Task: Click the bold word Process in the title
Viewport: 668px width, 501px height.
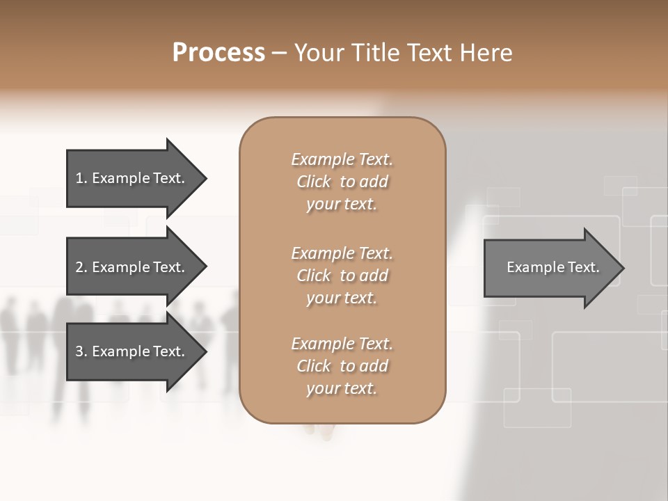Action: click(x=218, y=53)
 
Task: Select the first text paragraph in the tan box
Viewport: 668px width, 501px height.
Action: click(x=342, y=182)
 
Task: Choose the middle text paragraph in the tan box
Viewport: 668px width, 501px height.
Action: click(x=342, y=276)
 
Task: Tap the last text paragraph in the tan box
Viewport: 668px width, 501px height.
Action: click(x=342, y=366)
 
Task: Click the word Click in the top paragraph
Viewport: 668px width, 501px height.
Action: click(x=314, y=182)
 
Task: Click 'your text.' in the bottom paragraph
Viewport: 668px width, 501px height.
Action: click(x=342, y=388)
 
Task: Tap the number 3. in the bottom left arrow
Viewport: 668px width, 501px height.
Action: click(x=81, y=351)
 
